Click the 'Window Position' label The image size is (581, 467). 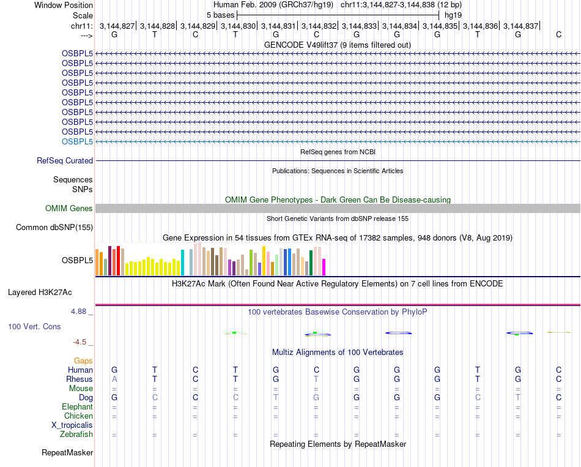tap(64, 5)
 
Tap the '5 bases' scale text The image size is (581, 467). tap(220, 15)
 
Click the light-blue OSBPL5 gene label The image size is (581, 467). tap(77, 141)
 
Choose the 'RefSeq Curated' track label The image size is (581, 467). tap(65, 161)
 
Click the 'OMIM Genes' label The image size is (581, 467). tap(69, 209)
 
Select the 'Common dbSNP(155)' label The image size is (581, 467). tap(54, 228)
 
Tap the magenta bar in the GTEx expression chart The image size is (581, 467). tap(324, 267)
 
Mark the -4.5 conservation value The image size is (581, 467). tap(82, 342)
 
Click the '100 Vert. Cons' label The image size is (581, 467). tap(34, 327)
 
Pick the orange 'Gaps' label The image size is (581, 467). tap(83, 361)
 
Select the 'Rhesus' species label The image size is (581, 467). tap(80, 379)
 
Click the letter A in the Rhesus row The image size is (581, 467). tap(114, 379)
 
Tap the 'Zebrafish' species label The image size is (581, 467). tap(76, 435)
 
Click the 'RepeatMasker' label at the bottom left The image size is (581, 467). tap(67, 453)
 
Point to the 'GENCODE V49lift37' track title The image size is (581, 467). tap(338, 45)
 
